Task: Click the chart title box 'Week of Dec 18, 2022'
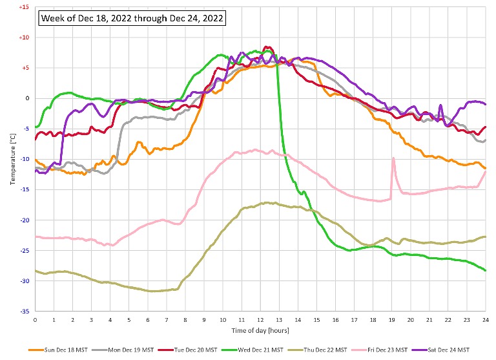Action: click(133, 19)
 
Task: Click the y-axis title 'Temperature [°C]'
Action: click(12, 159)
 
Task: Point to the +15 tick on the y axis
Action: click(24, 7)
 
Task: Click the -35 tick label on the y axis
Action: click(24, 311)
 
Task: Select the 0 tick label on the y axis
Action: click(26, 98)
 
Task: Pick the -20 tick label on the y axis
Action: click(24, 220)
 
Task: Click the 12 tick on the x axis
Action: click(260, 319)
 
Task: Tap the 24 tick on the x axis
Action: click(485, 319)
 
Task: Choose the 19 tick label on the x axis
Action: click(391, 319)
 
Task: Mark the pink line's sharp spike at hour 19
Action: click(393, 158)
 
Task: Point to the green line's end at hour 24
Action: click(485, 270)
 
